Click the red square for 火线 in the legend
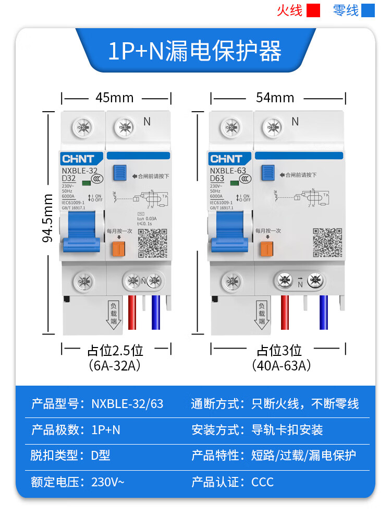tap(313, 10)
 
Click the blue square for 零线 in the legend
tap(368, 10)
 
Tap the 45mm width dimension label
tap(114, 98)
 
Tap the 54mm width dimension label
tap(275, 98)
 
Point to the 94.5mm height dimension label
tap(48, 218)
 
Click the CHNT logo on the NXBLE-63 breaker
tap(226, 159)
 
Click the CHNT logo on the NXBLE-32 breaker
tap(78, 159)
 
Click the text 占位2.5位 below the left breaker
tap(115, 350)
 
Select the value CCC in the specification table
tap(262, 482)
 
